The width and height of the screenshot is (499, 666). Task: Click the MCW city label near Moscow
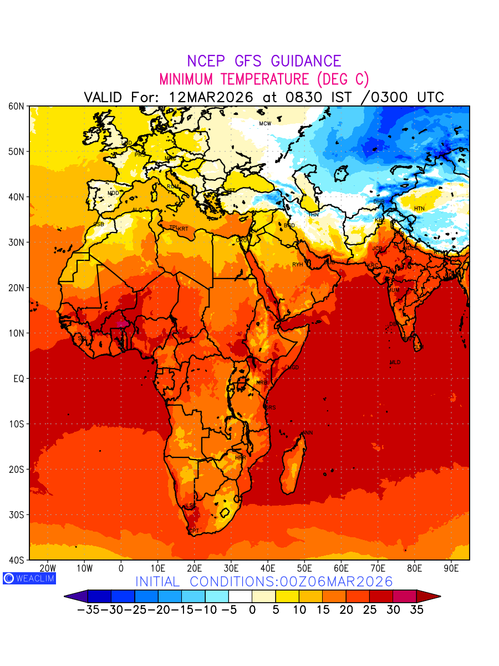265,123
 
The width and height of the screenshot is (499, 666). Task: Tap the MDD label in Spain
113,193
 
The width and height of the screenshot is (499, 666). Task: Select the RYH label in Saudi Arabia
298,265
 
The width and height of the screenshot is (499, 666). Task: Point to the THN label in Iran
314,214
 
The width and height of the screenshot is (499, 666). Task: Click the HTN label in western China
419,209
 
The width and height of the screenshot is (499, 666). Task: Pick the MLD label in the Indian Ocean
395,362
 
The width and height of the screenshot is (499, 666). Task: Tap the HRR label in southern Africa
240,458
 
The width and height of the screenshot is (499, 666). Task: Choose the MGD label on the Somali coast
293,367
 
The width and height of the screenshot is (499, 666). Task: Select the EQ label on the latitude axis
19,379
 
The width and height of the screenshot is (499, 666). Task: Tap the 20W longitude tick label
48,568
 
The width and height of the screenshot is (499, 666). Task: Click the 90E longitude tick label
451,568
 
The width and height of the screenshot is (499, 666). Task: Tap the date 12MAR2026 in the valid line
211,97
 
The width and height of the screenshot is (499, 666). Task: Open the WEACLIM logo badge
29,578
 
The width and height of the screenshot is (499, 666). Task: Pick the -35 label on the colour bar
88,609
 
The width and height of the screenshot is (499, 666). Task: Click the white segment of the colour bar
240,597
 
